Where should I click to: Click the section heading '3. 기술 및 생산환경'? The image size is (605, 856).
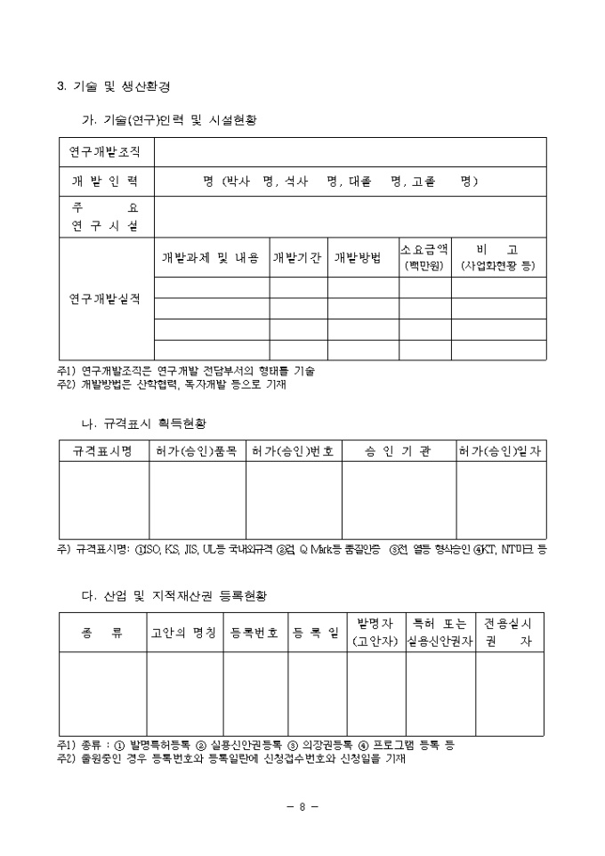114,86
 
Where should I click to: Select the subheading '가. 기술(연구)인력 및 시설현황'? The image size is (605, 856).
168,119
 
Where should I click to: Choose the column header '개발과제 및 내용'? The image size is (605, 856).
212,258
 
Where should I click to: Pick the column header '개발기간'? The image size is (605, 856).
298,258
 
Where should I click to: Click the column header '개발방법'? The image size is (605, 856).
358,258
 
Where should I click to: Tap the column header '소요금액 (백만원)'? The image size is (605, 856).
423,257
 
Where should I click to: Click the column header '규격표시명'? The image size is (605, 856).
102,452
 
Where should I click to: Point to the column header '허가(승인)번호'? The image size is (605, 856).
293,452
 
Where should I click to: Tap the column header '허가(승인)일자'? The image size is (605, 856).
500,452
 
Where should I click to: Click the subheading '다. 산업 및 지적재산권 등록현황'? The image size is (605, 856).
173,594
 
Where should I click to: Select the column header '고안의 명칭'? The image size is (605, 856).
184,633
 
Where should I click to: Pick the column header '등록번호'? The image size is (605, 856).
254,633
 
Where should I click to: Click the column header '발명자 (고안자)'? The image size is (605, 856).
375,633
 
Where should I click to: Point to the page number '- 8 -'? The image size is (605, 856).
302,807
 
